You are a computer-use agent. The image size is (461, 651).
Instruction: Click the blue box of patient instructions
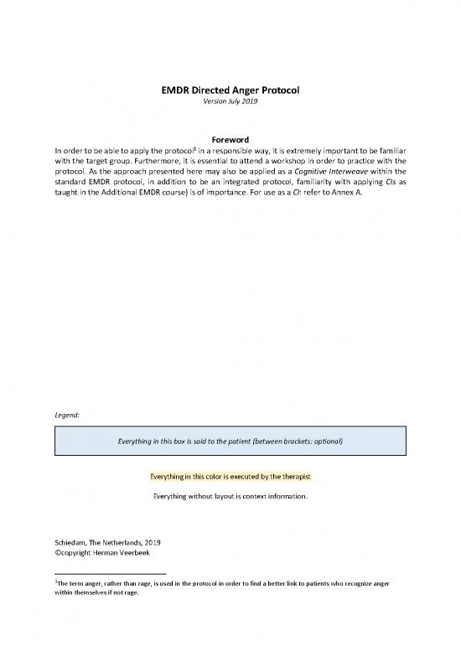(230, 440)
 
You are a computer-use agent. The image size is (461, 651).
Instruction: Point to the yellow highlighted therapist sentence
(230, 476)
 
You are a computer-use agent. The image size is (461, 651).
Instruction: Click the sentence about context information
(230, 497)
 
